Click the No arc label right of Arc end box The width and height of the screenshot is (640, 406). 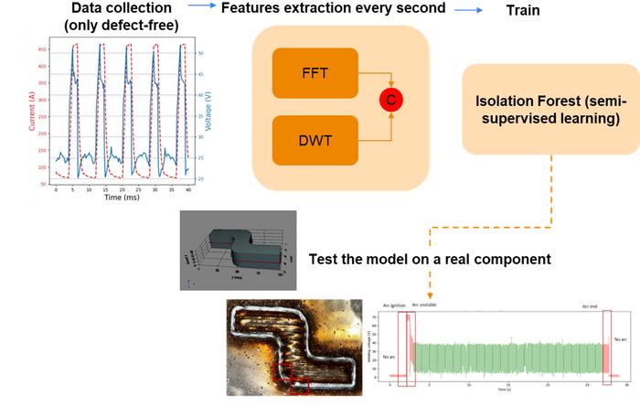(x=622, y=339)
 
